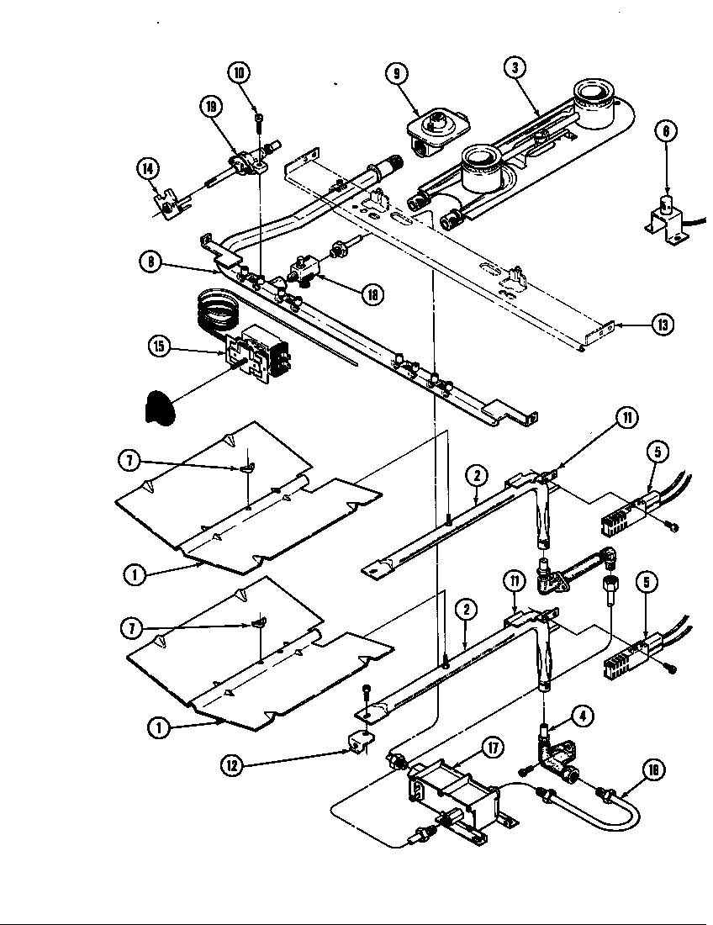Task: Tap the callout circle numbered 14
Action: tap(148, 168)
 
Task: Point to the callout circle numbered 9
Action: tap(395, 73)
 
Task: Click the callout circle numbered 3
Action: tap(515, 67)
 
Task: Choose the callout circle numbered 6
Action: tap(666, 130)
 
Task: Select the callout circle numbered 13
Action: tap(663, 325)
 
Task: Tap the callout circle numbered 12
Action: tap(233, 764)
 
